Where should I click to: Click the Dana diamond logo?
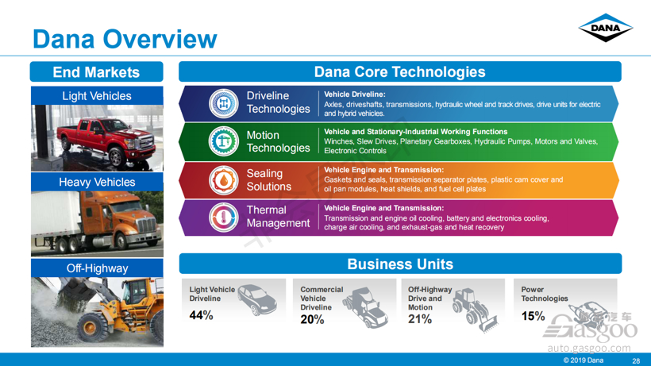(605, 28)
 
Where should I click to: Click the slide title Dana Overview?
(125, 39)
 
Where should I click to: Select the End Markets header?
(96, 72)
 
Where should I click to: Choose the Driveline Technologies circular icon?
(224, 103)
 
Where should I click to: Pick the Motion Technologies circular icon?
(224, 141)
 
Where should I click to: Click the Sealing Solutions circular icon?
(224, 180)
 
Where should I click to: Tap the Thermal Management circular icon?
(224, 218)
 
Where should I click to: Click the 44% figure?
(202, 315)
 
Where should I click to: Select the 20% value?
(312, 319)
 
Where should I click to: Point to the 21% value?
(420, 319)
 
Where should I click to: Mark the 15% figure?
(533, 316)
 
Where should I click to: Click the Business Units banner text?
(400, 264)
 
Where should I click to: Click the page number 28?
(636, 360)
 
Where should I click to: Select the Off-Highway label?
(97, 268)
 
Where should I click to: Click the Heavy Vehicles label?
(97, 182)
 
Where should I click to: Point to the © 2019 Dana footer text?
(583, 360)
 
